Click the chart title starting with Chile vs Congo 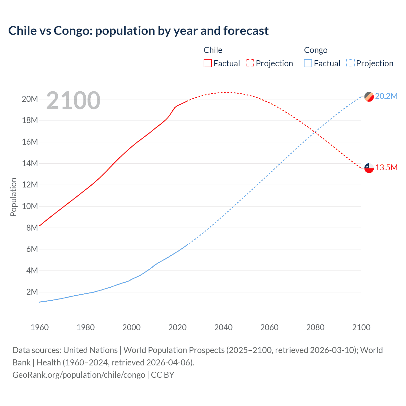(138, 31)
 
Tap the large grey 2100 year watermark (73, 101)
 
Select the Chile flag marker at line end (369, 168)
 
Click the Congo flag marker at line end (369, 96)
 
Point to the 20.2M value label (386, 96)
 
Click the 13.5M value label (386, 168)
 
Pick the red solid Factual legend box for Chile (208, 63)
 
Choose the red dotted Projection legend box (250, 63)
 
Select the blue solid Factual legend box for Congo (308, 63)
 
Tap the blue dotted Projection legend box (350, 63)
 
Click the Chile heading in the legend (213, 50)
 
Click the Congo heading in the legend (316, 50)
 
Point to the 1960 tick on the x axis (40, 327)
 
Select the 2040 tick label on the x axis (223, 327)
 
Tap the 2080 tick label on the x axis (315, 327)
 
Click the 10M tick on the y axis (30, 206)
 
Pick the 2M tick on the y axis (32, 292)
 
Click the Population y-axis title (13, 197)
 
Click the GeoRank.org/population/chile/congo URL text (79, 375)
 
